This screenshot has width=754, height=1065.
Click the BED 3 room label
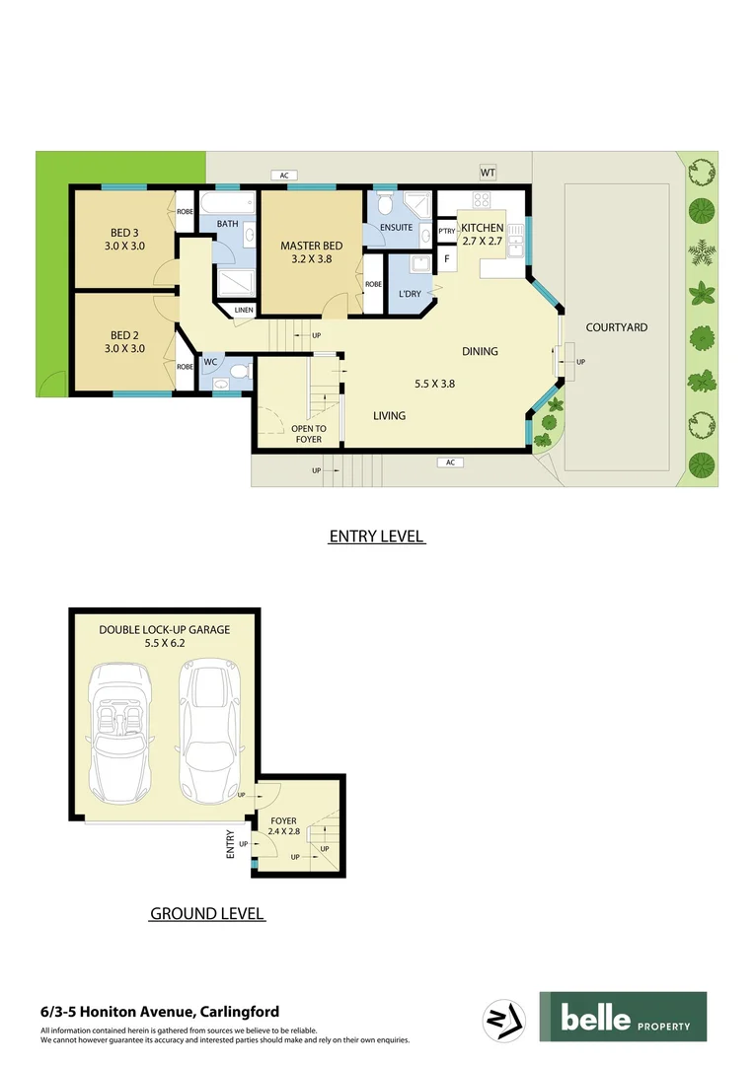click(x=124, y=239)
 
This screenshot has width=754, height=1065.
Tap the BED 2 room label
click(x=124, y=341)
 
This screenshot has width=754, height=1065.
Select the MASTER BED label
click(x=312, y=253)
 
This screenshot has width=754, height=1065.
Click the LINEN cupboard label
click(x=242, y=312)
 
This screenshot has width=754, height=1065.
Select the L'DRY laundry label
click(x=411, y=295)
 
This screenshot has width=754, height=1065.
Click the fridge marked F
click(x=446, y=259)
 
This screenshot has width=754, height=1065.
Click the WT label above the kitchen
click(x=488, y=174)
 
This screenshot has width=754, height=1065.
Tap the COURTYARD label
click(x=616, y=327)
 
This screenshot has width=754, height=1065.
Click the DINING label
click(x=480, y=351)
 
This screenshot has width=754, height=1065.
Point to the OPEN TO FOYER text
click(x=308, y=434)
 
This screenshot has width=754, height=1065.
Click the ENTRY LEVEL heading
click(x=376, y=537)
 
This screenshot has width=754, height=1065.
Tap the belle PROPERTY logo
click(x=622, y=1017)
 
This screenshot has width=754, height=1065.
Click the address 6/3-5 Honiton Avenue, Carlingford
click(x=160, y=1012)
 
